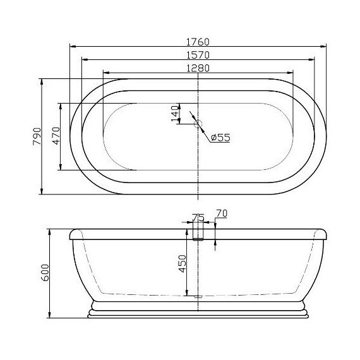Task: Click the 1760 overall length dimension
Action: click(198, 42)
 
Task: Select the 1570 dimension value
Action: click(198, 55)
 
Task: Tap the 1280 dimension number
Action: click(198, 68)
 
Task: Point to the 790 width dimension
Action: click(37, 136)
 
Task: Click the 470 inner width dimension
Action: click(56, 136)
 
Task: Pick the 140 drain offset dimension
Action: click(175, 113)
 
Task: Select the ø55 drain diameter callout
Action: click(220, 137)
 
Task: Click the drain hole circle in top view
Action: click(198, 124)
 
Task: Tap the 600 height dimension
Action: click(44, 273)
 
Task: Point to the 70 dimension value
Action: click(221, 213)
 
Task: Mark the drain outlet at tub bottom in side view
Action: click(198, 294)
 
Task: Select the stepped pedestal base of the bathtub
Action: click(198, 309)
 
